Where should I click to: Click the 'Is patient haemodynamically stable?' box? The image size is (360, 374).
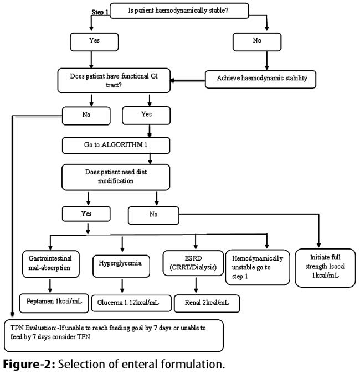(x=179, y=11)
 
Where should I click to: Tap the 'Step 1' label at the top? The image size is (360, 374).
(x=100, y=12)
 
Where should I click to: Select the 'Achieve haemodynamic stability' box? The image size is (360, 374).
(x=260, y=79)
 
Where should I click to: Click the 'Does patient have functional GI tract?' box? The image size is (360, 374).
(x=114, y=81)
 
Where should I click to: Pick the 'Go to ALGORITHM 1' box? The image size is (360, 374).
(x=116, y=146)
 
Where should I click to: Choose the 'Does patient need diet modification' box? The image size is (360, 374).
(x=116, y=177)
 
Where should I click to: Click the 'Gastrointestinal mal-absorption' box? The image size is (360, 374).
(x=50, y=264)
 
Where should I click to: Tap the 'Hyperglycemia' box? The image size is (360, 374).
(x=121, y=266)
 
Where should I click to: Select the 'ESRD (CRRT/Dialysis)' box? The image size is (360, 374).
(x=193, y=263)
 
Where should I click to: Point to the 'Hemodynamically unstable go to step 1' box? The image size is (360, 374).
(x=258, y=267)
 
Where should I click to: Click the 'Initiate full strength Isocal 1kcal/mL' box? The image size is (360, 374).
(x=326, y=268)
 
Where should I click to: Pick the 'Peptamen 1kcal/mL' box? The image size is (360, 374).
(x=54, y=303)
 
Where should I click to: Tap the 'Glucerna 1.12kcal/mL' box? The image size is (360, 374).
(x=131, y=303)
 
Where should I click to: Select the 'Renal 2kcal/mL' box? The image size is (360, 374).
(x=207, y=303)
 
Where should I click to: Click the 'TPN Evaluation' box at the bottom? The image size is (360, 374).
(x=114, y=336)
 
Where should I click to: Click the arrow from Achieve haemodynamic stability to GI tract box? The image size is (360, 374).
(x=188, y=80)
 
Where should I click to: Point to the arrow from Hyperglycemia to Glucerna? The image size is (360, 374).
(x=122, y=285)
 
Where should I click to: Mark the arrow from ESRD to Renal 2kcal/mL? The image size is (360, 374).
(x=196, y=285)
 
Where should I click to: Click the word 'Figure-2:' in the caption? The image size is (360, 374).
(x=29, y=364)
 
